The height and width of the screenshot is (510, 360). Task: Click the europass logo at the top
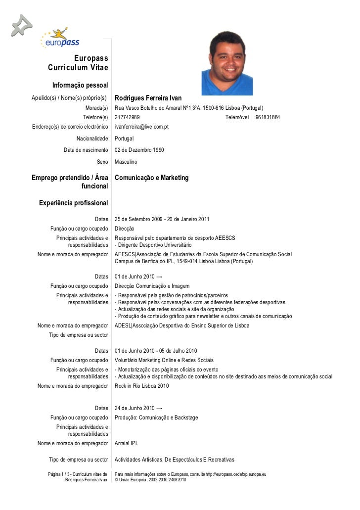[60, 38]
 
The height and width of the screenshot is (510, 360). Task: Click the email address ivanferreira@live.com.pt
[141, 127]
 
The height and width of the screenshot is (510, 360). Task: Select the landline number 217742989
[127, 117]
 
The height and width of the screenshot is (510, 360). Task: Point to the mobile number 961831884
[268, 117]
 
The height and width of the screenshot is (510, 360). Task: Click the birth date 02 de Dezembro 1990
[139, 150]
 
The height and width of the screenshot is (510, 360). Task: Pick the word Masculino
[126, 162]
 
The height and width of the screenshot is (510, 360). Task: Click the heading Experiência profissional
[73, 203]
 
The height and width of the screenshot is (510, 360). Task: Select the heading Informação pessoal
[80, 86]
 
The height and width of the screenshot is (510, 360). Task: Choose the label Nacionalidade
[92, 139]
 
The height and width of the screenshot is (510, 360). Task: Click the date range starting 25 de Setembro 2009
[162, 219]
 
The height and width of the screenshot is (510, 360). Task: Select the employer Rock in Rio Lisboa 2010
[141, 386]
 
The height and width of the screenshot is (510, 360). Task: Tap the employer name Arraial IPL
[127, 443]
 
